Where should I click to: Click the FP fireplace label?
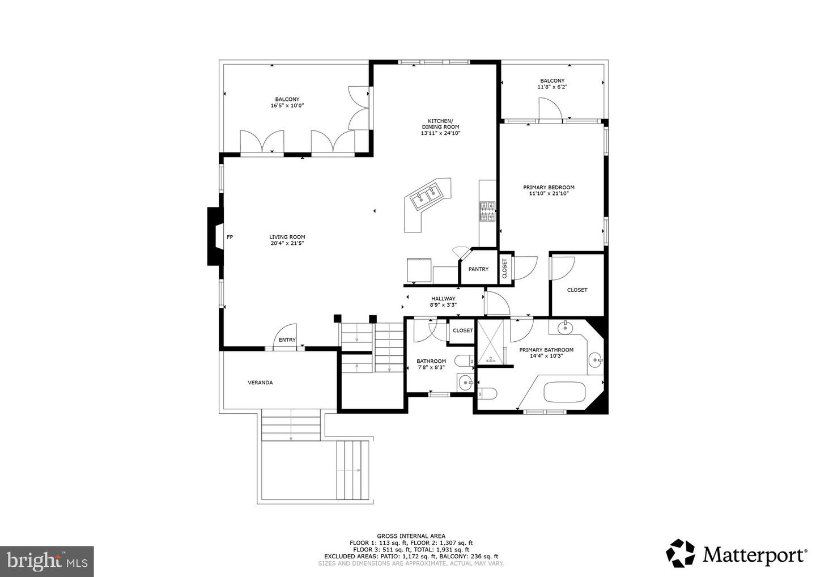[229, 237]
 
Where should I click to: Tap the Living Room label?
[287, 237]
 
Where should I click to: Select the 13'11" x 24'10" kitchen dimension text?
[440, 133]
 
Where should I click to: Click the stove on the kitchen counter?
[487, 211]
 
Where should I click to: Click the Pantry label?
[478, 269]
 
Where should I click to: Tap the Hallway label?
[443, 299]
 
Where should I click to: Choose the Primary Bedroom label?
[549, 188]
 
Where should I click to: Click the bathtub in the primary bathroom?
[564, 392]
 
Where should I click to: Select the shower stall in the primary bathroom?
[490, 342]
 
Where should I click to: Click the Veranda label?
[260, 383]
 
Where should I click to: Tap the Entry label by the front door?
[287, 340]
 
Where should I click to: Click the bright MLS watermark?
[47, 561]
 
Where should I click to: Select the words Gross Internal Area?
[411, 536]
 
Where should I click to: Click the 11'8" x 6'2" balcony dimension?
[552, 87]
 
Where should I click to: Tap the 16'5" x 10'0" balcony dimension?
[287, 105]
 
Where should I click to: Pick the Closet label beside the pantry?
[504, 269]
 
